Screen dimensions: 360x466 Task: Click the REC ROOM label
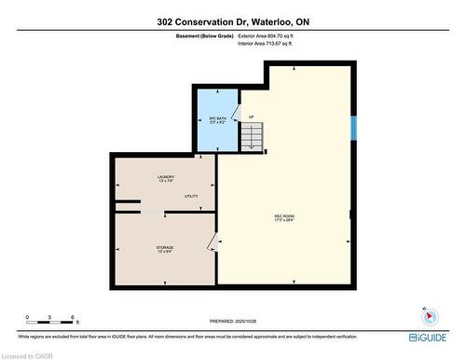click(x=284, y=219)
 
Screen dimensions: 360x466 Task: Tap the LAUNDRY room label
click(x=165, y=178)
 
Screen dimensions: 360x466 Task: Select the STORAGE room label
click(x=165, y=249)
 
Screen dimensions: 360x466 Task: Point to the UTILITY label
click(x=191, y=196)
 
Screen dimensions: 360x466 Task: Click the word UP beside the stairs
click(x=251, y=117)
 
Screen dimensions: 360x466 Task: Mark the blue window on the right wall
click(x=353, y=128)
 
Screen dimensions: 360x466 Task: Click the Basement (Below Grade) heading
click(x=205, y=35)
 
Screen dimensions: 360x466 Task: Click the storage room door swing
click(x=213, y=243)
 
